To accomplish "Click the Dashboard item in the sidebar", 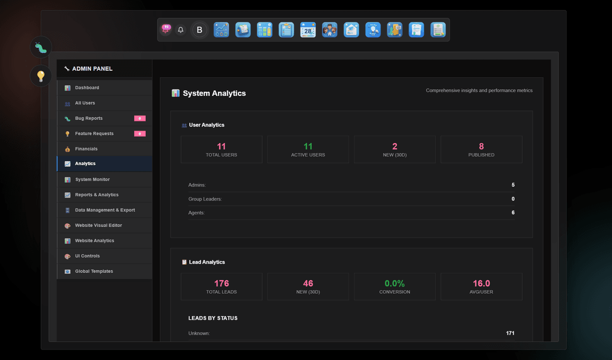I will click(x=87, y=88).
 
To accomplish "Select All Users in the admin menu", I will click(x=85, y=103).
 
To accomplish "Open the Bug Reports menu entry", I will click(x=89, y=118).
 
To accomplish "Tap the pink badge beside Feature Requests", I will click(x=140, y=134).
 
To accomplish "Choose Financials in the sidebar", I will click(x=86, y=149).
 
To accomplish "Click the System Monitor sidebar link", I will click(x=92, y=179).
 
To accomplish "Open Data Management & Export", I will click(x=105, y=210).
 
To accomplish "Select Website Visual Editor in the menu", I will click(x=98, y=225).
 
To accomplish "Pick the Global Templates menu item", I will click(x=94, y=271).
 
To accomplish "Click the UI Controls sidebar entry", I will click(x=87, y=256).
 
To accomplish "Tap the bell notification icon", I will click(x=181, y=30).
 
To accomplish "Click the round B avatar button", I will click(x=199, y=30).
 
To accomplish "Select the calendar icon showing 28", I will click(x=308, y=30).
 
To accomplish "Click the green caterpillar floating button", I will click(x=41, y=47).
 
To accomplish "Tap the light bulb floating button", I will click(x=41, y=76).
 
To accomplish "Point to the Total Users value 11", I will click(x=221, y=146).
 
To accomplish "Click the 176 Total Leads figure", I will click(x=221, y=284).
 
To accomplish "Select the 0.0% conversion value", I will click(x=395, y=284).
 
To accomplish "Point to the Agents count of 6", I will click(x=513, y=213).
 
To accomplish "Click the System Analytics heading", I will click(x=214, y=93).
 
